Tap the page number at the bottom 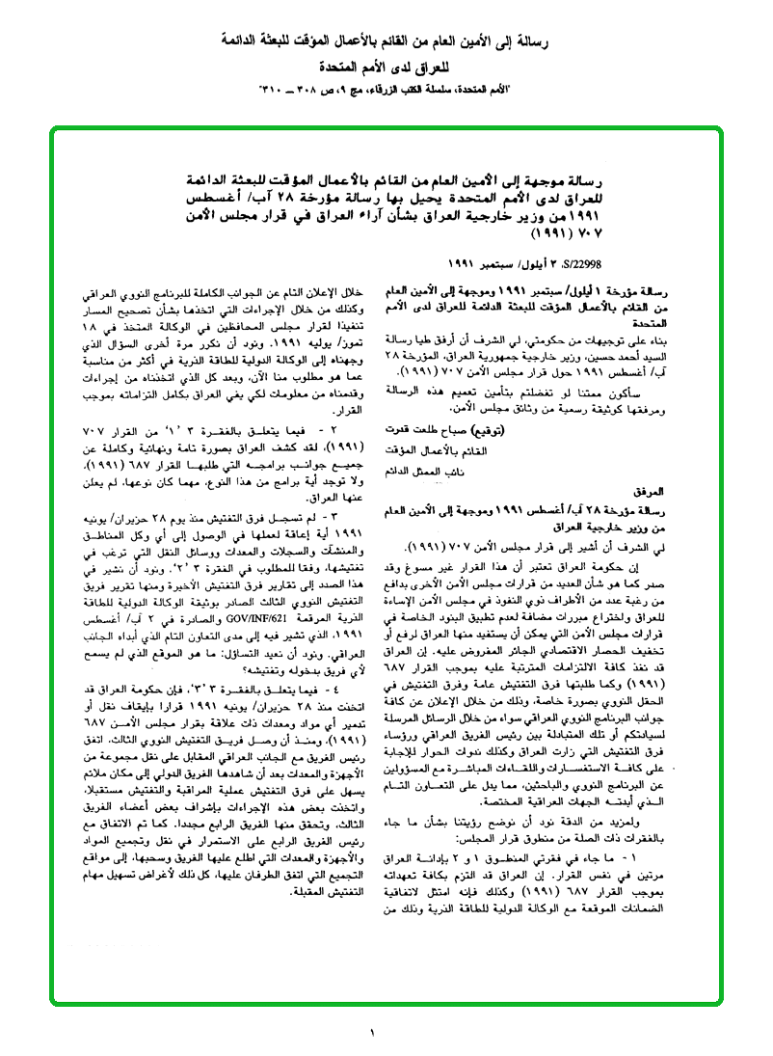pos(371,1034)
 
